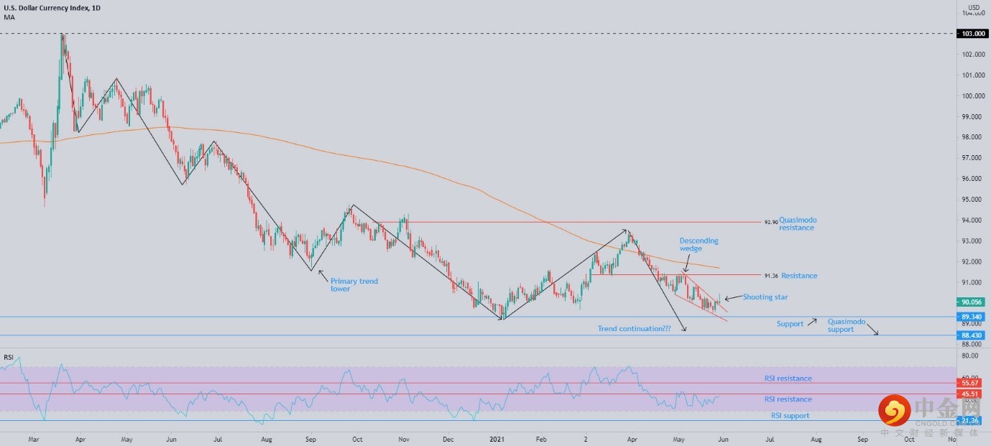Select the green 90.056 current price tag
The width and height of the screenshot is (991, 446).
972,302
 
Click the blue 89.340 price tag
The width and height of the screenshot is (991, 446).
972,317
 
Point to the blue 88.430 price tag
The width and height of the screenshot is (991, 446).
972,335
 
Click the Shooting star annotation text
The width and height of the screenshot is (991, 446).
766,297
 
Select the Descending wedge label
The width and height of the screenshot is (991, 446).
699,245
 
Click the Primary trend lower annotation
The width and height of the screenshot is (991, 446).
354,285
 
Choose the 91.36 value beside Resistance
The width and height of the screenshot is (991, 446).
770,276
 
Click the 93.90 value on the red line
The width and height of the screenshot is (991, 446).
770,223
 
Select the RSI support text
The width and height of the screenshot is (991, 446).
790,416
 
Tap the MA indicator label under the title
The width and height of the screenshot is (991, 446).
9,17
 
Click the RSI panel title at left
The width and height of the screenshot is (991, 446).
9,357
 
